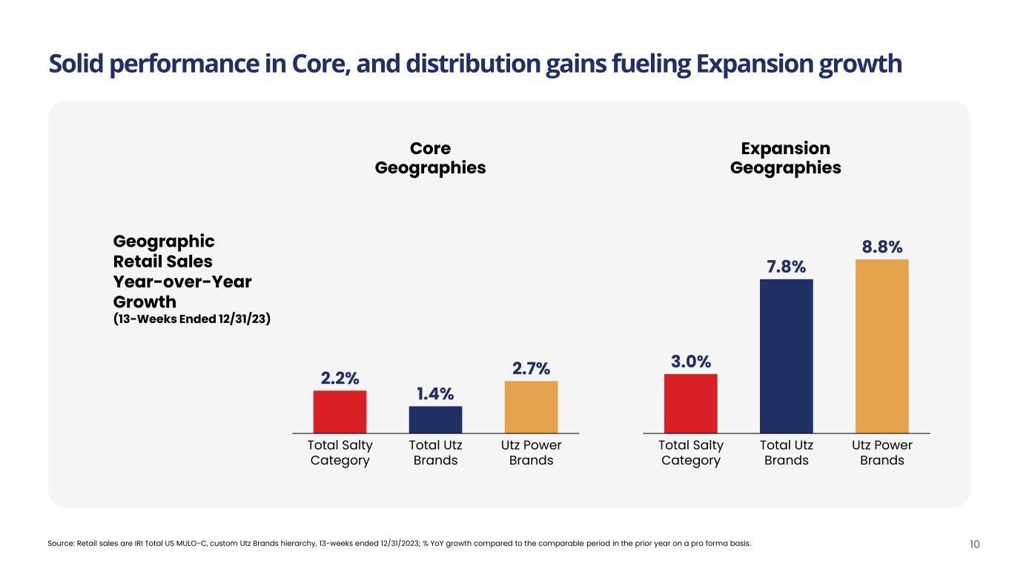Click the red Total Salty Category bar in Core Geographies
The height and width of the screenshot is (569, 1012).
[340, 411]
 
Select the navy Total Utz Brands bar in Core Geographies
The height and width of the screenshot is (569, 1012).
[435, 419]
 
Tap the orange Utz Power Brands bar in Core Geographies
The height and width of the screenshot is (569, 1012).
[531, 407]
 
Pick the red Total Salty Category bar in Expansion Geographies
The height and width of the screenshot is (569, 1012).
[690, 403]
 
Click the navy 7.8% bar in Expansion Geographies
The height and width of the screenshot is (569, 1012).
[786, 356]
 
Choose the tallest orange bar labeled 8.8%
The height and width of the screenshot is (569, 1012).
[882, 346]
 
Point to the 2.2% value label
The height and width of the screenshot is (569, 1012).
[340, 378]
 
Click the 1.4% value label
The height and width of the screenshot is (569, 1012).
[435, 393]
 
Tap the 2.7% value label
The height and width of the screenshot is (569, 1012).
[531, 368]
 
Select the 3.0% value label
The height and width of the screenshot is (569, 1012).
[690, 362]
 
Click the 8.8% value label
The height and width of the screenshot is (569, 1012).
[882, 247]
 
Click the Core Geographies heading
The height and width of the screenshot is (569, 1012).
[430, 158]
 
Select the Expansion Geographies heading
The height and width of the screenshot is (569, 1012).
[785, 158]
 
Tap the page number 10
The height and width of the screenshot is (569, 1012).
[974, 545]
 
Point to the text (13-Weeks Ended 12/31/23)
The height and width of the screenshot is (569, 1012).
[191, 320]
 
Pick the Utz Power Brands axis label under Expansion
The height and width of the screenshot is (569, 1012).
[882, 453]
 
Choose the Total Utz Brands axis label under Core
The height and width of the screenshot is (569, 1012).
[435, 453]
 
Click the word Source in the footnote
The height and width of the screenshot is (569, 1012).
[61, 544]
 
